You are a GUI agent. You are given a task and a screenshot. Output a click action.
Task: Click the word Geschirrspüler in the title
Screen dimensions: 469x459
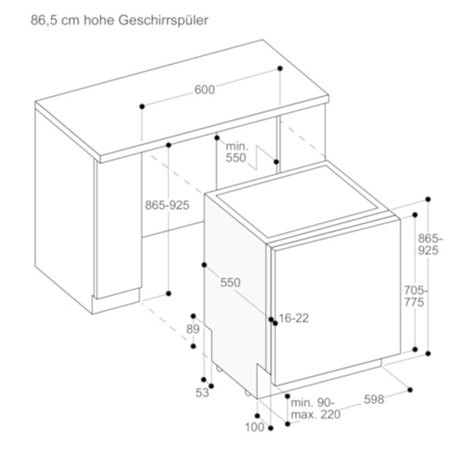[163, 21]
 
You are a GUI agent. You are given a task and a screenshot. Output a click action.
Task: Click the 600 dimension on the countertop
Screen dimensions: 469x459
[205, 90]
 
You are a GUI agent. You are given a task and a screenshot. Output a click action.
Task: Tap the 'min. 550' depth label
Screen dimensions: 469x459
[236, 152]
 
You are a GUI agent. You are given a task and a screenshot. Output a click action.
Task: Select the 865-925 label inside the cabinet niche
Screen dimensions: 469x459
[167, 205]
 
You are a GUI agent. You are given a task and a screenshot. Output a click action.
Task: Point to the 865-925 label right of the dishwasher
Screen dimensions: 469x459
[430, 244]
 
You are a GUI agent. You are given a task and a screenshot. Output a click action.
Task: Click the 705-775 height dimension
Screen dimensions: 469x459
[415, 296]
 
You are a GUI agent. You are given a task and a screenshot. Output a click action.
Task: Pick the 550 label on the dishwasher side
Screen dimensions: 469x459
[231, 283]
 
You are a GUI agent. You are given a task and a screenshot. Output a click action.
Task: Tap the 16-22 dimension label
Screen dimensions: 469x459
[294, 318]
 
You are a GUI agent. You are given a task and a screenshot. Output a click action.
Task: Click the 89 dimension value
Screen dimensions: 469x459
[193, 329]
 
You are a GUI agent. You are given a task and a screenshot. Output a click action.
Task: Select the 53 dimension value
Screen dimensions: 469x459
[202, 393]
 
